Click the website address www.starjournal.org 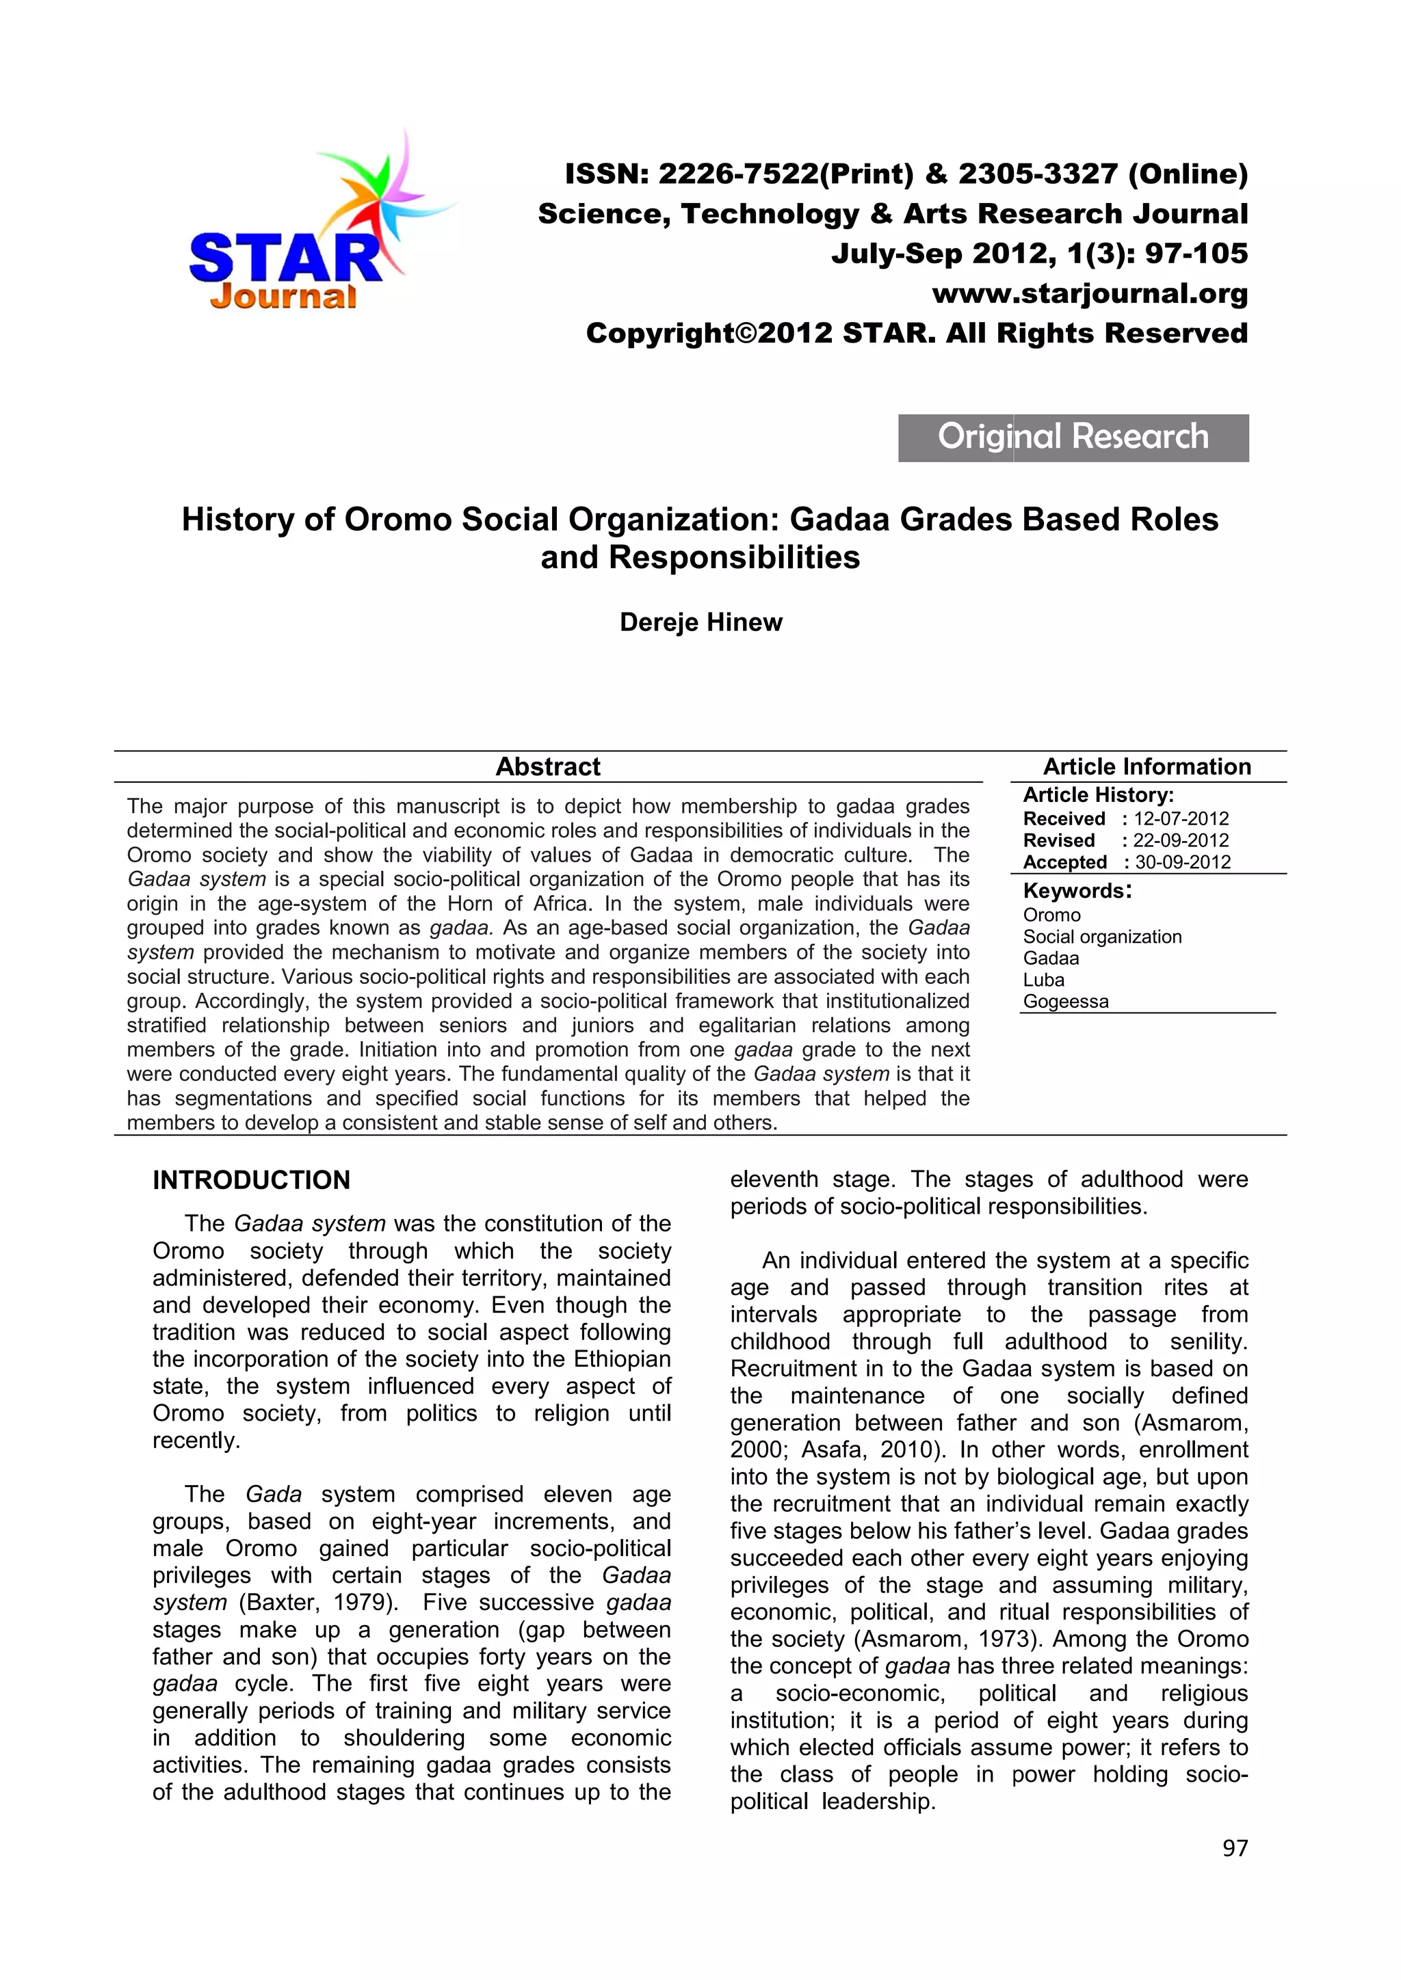(1090, 293)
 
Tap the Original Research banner (1073, 437)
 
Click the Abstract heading (548, 766)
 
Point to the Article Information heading (1147, 766)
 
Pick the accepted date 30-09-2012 (1182, 861)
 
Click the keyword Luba (1043, 980)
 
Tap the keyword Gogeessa (1065, 1001)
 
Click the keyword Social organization (1101, 937)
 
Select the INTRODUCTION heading (251, 1179)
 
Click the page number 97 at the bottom (1235, 1847)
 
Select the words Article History (1097, 794)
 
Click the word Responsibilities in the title (734, 558)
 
